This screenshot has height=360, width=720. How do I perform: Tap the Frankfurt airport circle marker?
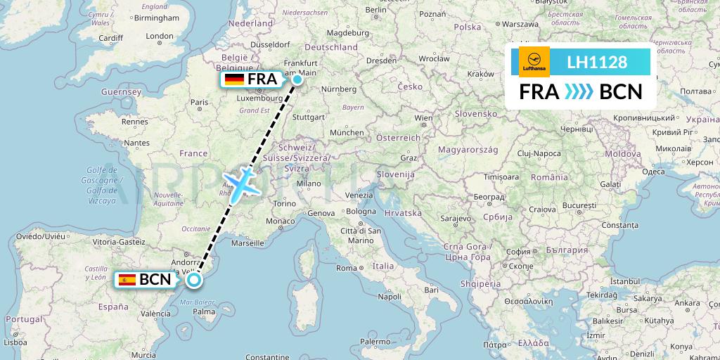tap(297, 79)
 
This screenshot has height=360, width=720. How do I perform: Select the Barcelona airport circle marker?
tap(194, 280)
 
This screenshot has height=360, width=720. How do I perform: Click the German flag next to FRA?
tap(234, 79)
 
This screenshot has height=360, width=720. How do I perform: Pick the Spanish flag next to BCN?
tap(127, 280)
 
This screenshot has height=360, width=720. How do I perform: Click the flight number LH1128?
tap(597, 63)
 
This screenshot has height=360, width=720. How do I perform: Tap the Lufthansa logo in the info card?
tap(534, 62)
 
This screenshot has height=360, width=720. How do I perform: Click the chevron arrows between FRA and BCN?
tap(579, 92)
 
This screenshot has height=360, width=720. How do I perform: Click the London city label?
tap(160, 37)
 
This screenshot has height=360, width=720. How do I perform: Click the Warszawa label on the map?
tap(520, 24)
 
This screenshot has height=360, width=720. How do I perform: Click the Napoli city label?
tap(389, 296)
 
